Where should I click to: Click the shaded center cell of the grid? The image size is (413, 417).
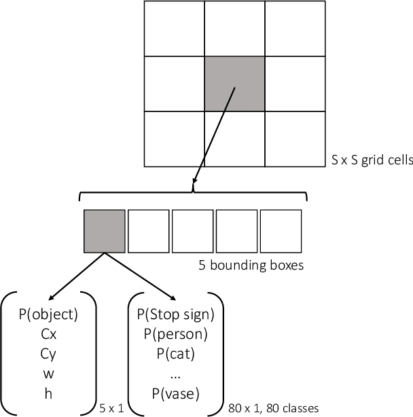tap(234, 84)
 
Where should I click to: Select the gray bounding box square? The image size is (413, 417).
tap(104, 232)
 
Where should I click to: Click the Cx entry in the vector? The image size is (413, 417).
tap(50, 334)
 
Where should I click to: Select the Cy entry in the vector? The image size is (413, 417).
tap(50, 354)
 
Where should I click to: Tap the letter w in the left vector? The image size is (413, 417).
tap(50, 373)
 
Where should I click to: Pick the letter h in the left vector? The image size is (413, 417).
tap(50, 392)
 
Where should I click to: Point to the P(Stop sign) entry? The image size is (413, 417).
tap(175, 314)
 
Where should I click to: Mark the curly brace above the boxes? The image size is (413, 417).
tap(194, 195)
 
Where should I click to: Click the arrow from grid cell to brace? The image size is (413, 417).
tap(214, 136)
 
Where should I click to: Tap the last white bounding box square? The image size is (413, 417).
tap(281, 232)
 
